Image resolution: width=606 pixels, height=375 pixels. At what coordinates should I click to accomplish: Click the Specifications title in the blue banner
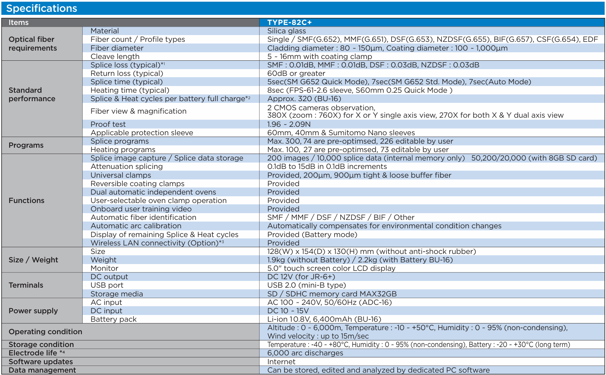point(42,8)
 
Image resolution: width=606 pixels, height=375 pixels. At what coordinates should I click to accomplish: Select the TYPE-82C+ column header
point(289,23)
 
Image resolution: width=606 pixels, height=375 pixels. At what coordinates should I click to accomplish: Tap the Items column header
point(19,23)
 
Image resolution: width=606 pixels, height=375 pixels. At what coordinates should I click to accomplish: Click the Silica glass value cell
point(286,31)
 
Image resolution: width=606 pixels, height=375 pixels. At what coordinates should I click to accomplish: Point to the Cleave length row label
point(115,57)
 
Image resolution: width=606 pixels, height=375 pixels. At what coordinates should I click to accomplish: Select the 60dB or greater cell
point(296,74)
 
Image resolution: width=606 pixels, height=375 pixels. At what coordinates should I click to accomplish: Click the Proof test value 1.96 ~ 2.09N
point(289,124)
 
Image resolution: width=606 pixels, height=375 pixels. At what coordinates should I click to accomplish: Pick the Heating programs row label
point(123,150)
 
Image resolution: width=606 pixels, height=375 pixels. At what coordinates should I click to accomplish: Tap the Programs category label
point(26,145)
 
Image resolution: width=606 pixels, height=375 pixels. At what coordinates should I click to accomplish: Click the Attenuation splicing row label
point(126,167)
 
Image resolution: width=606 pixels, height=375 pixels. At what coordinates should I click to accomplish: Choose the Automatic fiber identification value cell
point(341,218)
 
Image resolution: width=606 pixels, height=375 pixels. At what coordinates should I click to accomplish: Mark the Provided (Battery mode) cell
point(312,235)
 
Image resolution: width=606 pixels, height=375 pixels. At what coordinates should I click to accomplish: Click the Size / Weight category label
point(33,260)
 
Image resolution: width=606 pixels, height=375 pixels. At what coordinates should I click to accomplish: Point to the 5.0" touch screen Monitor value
point(331,268)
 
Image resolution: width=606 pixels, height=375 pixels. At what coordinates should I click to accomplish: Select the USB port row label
point(107,285)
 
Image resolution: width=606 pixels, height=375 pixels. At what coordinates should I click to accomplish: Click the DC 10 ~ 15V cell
point(288,311)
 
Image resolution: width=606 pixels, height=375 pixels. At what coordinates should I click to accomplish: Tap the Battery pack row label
point(113,319)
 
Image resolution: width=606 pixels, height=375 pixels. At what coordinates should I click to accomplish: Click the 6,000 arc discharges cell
point(305,353)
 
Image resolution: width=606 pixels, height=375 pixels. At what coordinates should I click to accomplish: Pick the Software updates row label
point(41,362)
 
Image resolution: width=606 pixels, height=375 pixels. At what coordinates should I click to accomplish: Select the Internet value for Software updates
point(281,362)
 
